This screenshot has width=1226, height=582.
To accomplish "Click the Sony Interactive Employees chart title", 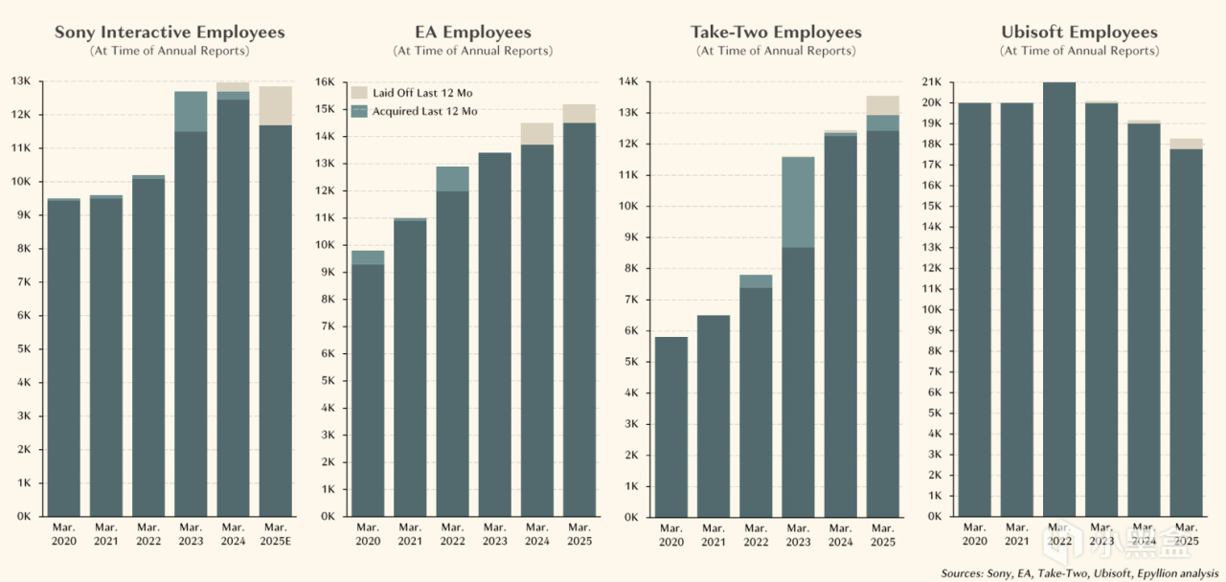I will [170, 33].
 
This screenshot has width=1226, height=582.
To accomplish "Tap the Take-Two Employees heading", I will [776, 33].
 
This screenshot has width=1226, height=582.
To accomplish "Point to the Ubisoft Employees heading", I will [1078, 33].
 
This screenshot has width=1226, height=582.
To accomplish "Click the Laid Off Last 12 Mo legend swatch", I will [359, 93].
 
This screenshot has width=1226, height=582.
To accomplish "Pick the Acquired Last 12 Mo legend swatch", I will [359, 111].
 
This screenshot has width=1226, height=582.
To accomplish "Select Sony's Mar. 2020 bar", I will [63, 359].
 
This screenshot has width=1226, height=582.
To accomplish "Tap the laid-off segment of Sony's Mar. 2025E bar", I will [275, 105].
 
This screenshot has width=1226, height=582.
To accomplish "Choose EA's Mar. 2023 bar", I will [494, 335].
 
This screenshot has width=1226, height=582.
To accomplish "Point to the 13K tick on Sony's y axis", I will [21, 81].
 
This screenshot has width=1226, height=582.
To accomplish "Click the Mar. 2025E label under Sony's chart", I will [275, 534].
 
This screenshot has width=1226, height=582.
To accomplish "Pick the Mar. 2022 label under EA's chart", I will [451, 534].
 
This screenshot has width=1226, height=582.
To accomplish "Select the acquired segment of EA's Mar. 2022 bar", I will [451, 179].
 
